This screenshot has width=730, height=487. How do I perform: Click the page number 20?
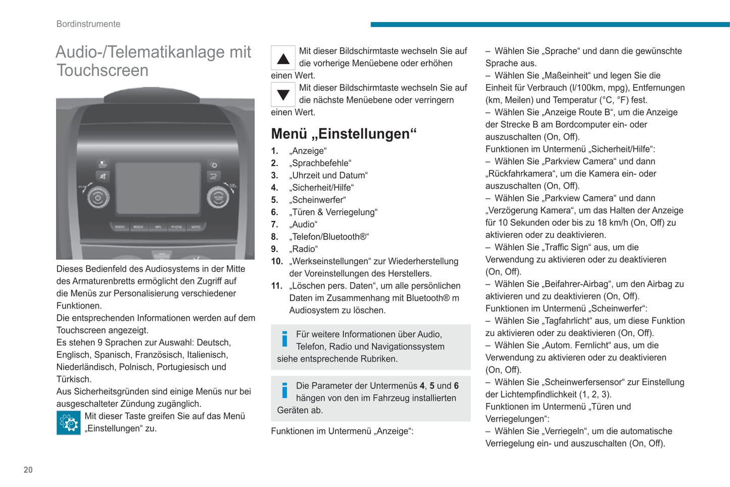point(28,470)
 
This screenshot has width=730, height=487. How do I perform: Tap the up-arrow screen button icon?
point(283,58)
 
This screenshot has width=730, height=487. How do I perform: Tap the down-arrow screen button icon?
point(283,94)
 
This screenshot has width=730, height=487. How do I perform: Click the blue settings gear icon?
point(69,423)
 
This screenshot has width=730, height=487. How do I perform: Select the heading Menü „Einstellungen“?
point(344,134)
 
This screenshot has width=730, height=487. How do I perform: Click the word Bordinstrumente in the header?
point(88,24)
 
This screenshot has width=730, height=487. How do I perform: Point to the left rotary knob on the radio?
point(98,198)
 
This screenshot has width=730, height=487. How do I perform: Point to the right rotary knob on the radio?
point(218,197)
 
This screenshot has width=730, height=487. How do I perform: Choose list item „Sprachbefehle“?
point(320,163)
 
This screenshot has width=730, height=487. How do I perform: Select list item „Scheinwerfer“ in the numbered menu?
point(318,200)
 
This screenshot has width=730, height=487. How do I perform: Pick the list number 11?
point(276,286)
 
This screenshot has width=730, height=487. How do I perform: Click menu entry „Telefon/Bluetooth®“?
point(329,237)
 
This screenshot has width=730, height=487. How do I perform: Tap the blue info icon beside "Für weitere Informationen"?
point(285,339)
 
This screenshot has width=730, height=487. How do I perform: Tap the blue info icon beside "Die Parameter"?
point(285,391)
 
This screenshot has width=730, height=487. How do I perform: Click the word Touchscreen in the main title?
point(103,71)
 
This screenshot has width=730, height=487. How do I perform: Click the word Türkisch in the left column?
point(74,379)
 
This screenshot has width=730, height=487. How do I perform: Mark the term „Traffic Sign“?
point(567,248)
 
